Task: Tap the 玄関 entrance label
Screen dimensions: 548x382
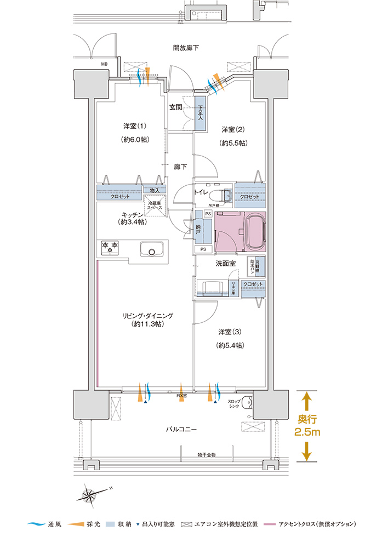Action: click(x=175, y=107)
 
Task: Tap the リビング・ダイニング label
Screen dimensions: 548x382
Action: click(x=147, y=316)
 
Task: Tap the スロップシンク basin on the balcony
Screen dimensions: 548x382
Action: click(x=247, y=402)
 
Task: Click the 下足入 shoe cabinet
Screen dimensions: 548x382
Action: click(x=201, y=114)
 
